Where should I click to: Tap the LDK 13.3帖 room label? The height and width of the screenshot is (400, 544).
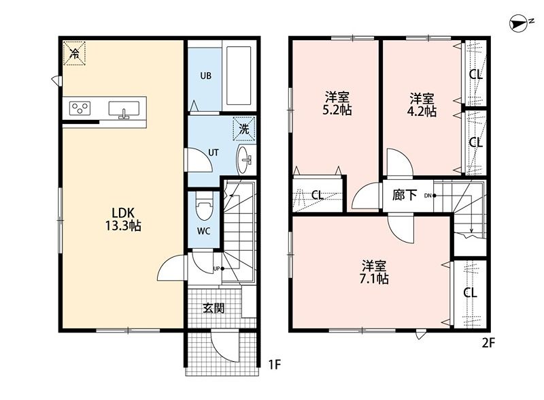(x=123, y=219)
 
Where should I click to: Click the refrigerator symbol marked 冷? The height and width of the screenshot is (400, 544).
(x=74, y=53)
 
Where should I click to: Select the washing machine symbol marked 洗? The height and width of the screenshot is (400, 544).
(x=244, y=129)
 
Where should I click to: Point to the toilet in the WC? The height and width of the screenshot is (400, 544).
(x=203, y=206)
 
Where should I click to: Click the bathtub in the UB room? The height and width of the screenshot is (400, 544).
(x=239, y=76)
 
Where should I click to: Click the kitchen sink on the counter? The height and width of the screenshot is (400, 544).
(x=124, y=109)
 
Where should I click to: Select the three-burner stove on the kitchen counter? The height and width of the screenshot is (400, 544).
(x=80, y=108)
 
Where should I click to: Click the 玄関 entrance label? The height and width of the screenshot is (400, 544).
(x=214, y=308)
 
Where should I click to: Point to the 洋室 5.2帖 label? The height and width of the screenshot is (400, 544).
(x=337, y=103)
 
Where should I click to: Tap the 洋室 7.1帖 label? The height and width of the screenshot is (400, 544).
(x=374, y=272)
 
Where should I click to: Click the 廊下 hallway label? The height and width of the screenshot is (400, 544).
(x=405, y=195)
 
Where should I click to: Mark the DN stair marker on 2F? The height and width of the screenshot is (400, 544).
(x=430, y=196)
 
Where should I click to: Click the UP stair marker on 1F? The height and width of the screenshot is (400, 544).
(x=218, y=268)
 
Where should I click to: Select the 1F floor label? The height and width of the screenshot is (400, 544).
(x=274, y=365)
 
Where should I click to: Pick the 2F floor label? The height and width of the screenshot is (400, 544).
(x=488, y=343)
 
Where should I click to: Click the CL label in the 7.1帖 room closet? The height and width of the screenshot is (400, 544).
(x=470, y=292)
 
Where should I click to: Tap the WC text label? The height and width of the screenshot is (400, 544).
(x=203, y=231)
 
